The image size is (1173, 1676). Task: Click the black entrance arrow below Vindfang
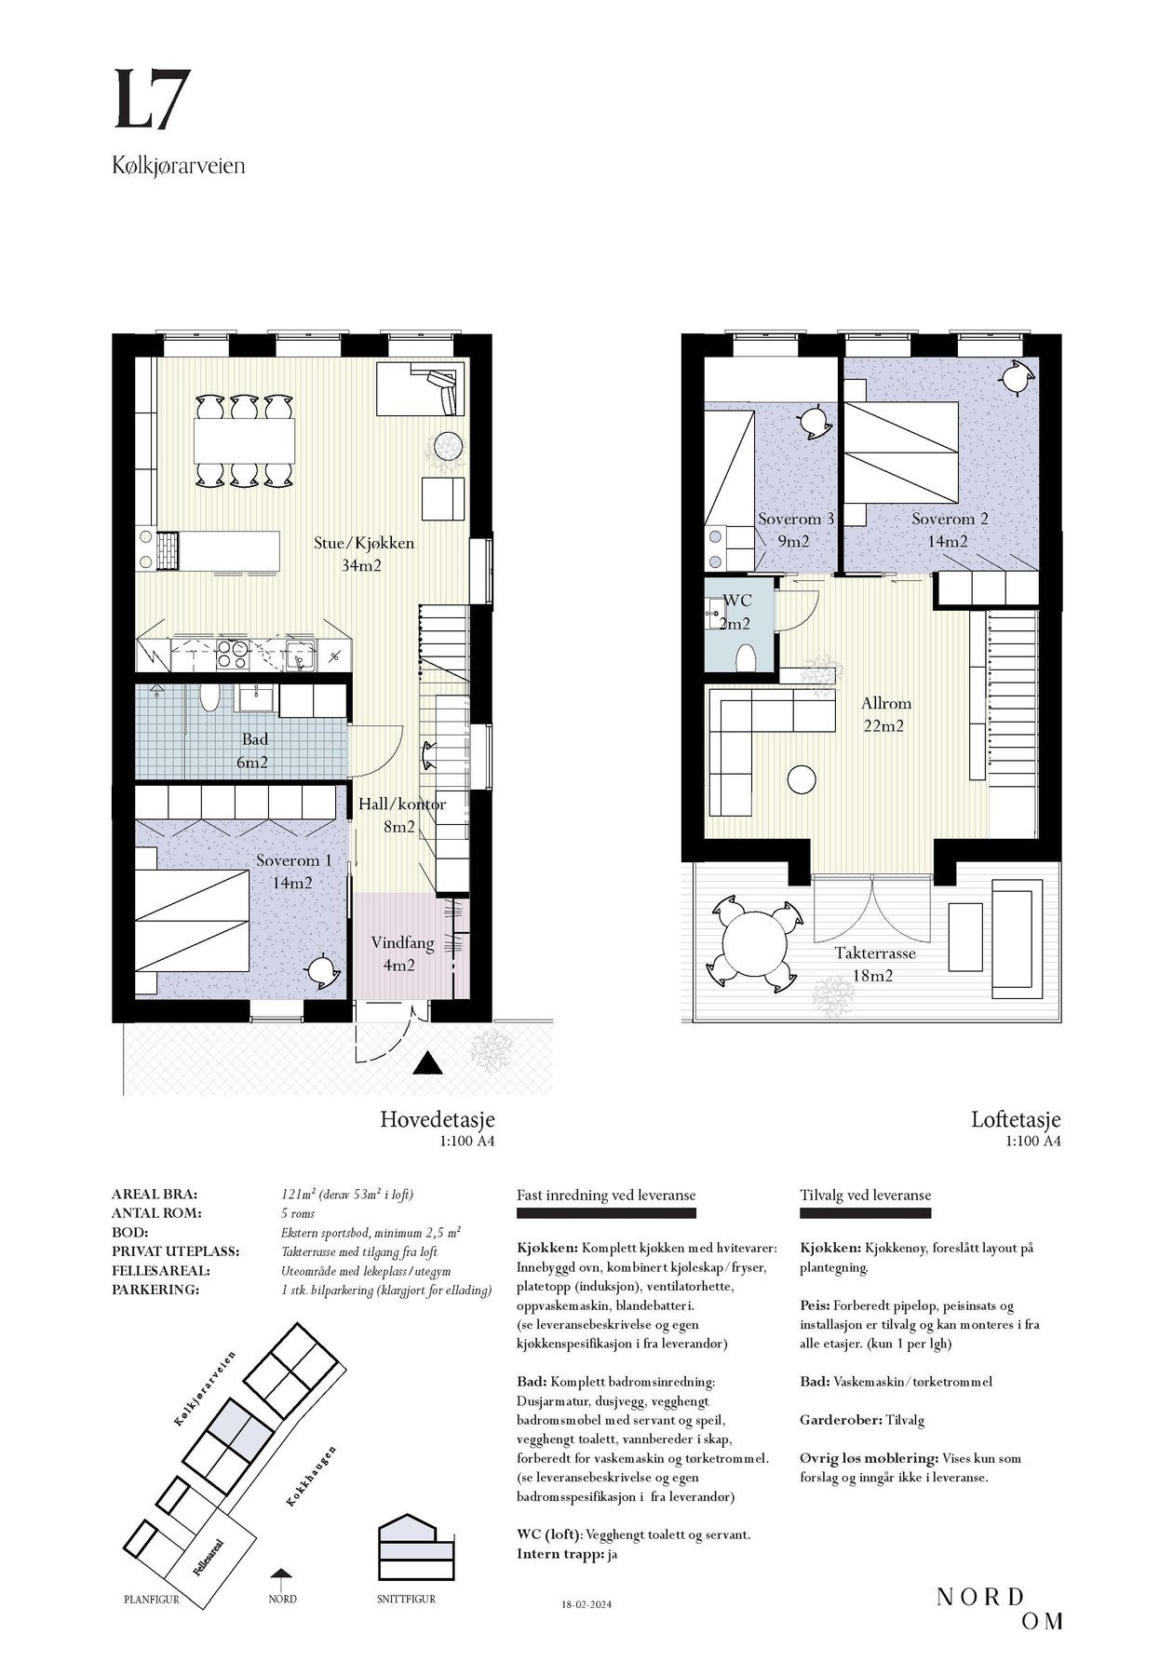tap(427, 1063)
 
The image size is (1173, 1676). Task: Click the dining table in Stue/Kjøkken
tap(244, 440)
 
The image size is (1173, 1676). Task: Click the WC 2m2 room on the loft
tap(738, 623)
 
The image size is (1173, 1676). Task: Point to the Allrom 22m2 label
tap(884, 714)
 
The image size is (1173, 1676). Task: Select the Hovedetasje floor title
tap(437, 1119)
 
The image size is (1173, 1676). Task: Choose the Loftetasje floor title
tap(1016, 1119)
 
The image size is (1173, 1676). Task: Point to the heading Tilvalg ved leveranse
tap(865, 1196)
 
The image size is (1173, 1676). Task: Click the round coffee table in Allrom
tap(801, 778)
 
